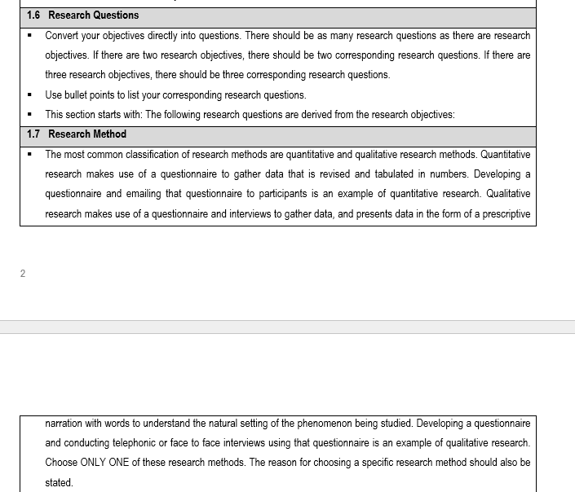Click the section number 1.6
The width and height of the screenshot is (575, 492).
(x=33, y=15)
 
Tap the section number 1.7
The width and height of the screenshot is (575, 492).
(x=33, y=134)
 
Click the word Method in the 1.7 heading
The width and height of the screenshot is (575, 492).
(x=110, y=134)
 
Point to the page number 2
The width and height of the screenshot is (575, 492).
(x=23, y=274)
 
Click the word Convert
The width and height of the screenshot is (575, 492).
(x=61, y=36)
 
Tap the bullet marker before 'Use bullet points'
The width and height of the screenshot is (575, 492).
(x=29, y=94)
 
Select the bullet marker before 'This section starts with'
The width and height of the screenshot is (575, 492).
(x=29, y=115)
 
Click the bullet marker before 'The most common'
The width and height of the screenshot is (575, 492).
(x=29, y=154)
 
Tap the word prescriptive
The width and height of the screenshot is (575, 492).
(x=505, y=214)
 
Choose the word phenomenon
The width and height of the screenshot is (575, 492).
(x=334, y=424)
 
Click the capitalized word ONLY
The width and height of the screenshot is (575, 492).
(x=98, y=463)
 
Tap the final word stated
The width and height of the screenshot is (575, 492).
(x=59, y=483)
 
